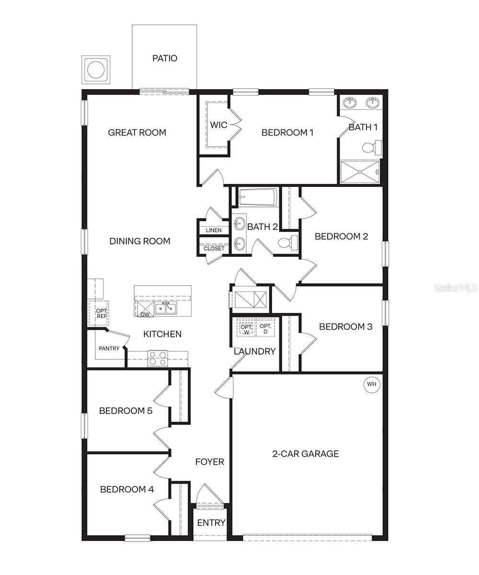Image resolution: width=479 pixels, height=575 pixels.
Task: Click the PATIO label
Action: click(164, 58)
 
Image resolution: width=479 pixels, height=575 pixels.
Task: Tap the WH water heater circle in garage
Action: click(372, 384)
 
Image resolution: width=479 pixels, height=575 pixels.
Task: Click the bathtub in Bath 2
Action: click(258, 197)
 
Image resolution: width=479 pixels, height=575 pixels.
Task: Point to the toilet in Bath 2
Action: click(288, 242)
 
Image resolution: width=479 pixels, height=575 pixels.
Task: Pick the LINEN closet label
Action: click(214, 230)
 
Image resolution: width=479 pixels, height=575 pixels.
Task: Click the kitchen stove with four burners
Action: click(158, 357)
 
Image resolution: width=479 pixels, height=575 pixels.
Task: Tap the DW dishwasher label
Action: click(145, 314)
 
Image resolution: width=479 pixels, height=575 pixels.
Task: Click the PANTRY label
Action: click(109, 348)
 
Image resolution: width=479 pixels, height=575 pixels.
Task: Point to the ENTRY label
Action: click(211, 522)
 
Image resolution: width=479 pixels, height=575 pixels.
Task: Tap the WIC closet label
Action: click(218, 125)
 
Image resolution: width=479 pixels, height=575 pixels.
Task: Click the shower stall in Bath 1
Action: click(360, 172)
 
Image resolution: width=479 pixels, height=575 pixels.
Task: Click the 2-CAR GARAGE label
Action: click(306, 453)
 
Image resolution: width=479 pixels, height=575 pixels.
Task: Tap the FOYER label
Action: click(210, 462)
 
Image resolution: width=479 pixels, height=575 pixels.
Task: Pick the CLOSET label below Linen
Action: click(214, 249)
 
